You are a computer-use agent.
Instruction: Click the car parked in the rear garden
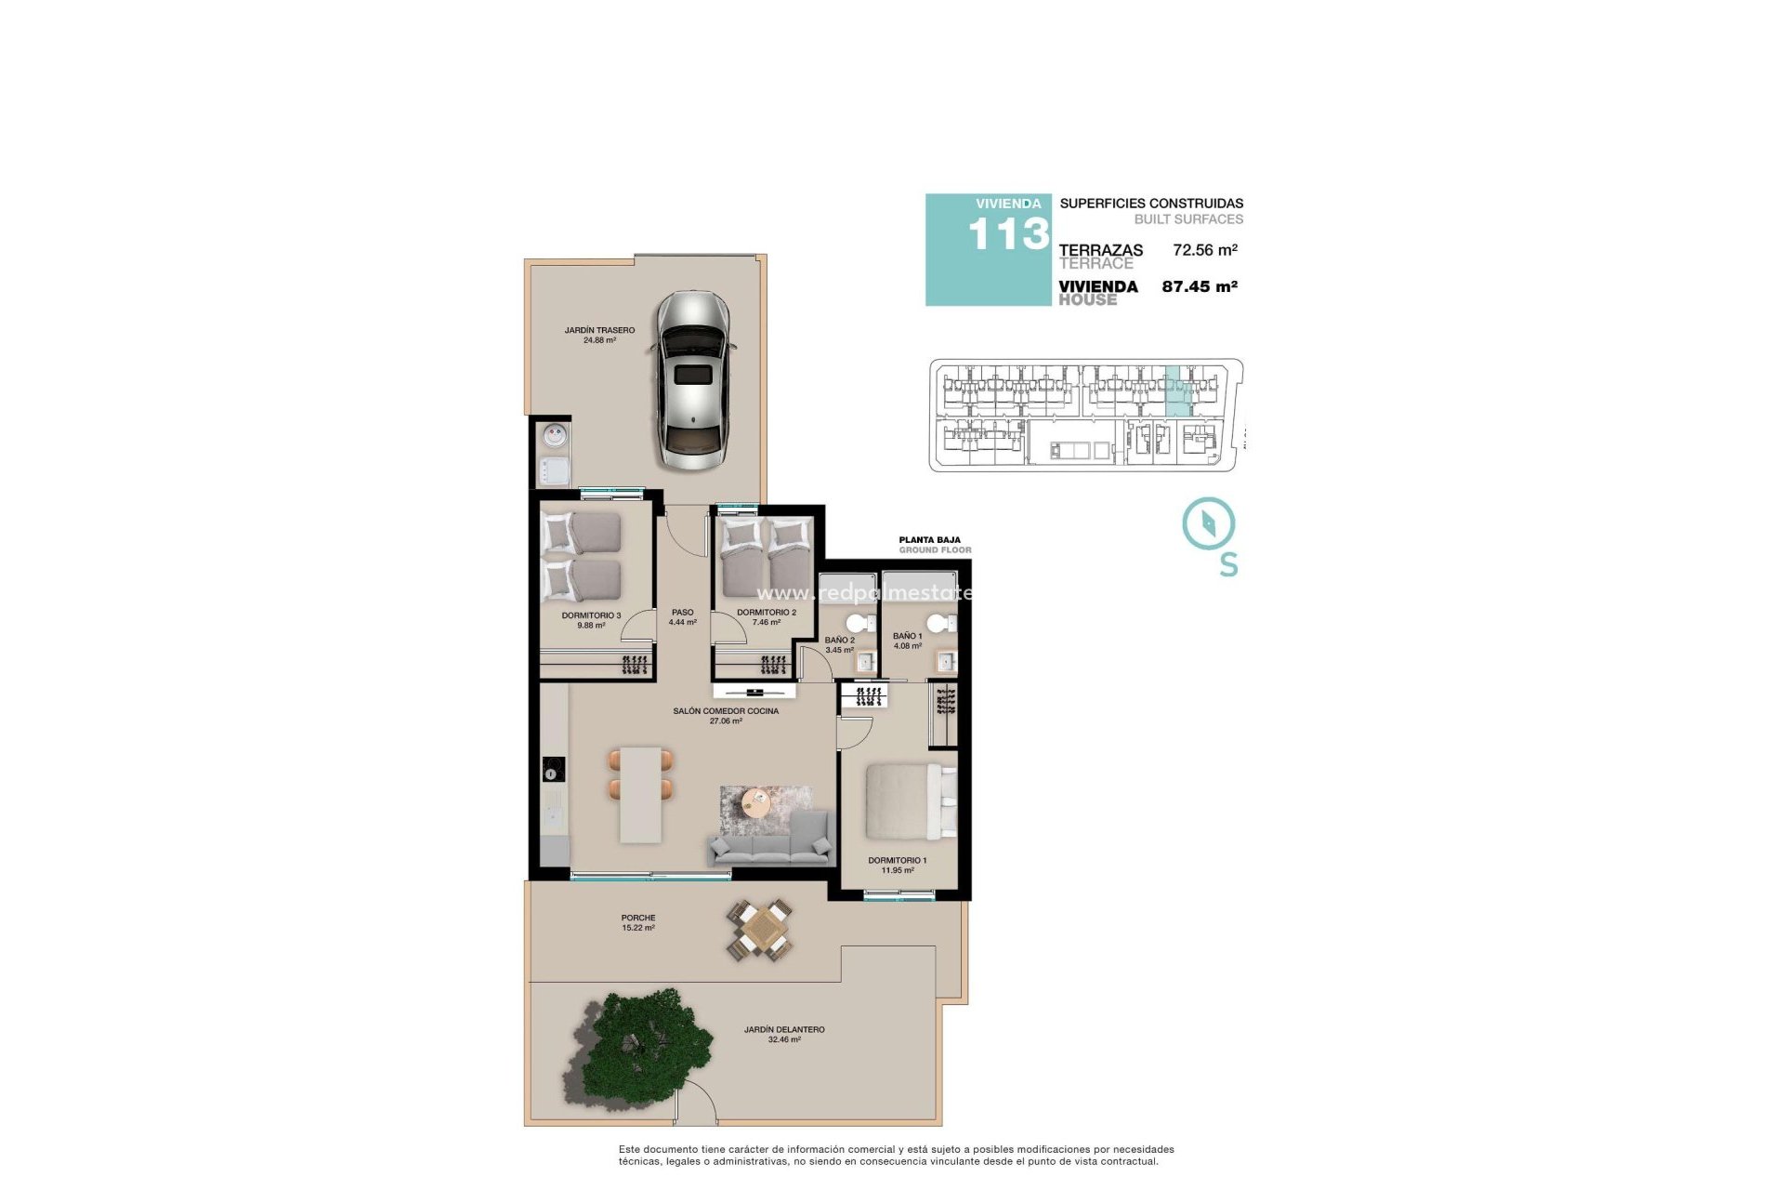point(693,380)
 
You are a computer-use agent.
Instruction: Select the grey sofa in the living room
point(770,840)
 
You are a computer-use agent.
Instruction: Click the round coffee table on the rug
point(756,800)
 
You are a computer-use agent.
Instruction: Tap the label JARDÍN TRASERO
point(599,330)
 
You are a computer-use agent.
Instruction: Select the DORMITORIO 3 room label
point(591,615)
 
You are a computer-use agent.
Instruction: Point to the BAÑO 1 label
point(907,636)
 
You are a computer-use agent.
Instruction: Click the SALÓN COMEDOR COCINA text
point(726,711)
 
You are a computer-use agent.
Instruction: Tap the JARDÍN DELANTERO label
point(784,1029)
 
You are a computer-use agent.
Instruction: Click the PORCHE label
point(638,918)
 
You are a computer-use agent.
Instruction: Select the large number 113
point(1008,234)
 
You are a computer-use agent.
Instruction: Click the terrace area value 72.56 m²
point(1204,250)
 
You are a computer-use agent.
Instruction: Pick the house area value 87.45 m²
point(1199,286)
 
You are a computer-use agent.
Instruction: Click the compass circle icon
point(1208,522)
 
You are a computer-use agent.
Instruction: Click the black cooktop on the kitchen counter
point(554,769)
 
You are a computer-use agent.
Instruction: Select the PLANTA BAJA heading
point(929,539)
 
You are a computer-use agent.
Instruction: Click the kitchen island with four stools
point(641,795)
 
